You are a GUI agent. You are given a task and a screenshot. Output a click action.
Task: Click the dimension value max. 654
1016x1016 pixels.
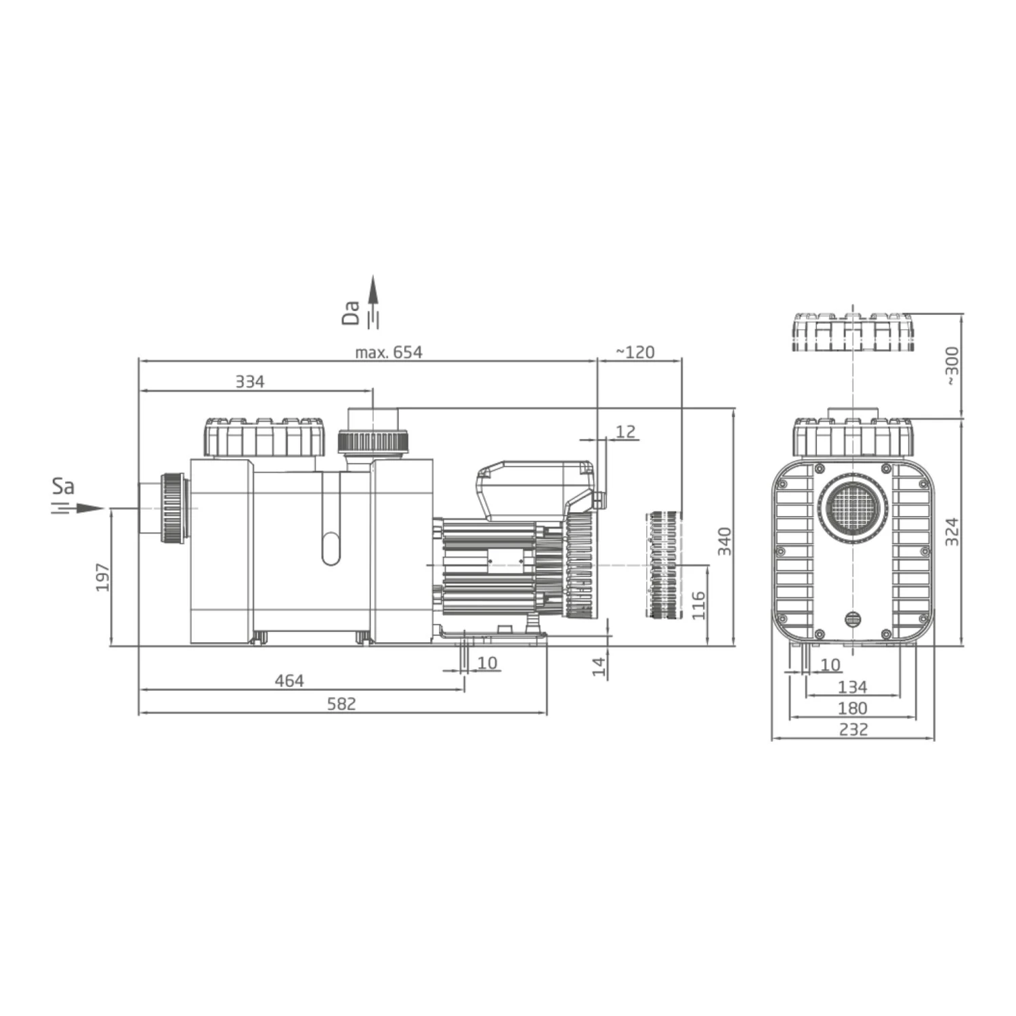[388, 352]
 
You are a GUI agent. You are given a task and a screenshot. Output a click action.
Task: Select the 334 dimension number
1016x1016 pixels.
[250, 382]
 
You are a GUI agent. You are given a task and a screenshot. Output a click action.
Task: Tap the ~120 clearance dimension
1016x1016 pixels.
[635, 352]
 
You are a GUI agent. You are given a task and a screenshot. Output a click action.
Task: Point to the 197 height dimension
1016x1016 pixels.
[102, 577]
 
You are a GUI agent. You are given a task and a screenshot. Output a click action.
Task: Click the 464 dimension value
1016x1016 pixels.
[289, 681]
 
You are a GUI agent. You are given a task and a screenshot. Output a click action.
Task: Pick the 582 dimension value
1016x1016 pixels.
[341, 704]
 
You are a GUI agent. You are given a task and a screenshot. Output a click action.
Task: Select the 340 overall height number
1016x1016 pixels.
[725, 541]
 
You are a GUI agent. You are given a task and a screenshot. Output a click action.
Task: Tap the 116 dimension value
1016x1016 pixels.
[698, 605]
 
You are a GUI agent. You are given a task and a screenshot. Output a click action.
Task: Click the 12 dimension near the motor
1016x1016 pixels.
[627, 431]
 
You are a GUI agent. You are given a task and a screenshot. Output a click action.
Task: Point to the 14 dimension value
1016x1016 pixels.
[599, 666]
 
